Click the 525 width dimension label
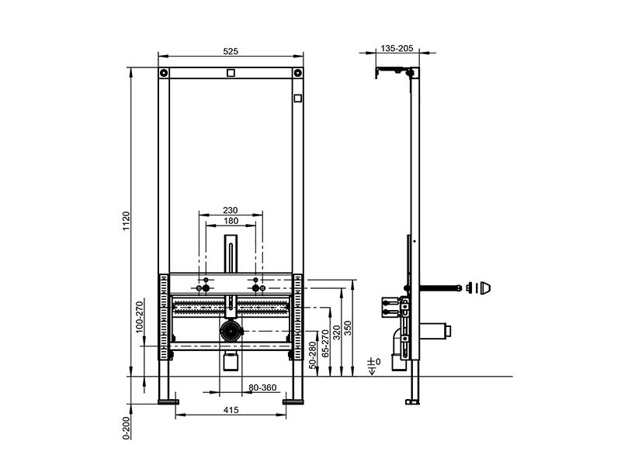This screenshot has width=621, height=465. coord(231,51)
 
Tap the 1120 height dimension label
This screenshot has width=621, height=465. coord(127,221)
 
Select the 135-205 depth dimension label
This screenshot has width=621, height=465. coord(397,48)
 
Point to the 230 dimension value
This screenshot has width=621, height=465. coord(230,210)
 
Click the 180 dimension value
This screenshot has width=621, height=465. coord(231,221)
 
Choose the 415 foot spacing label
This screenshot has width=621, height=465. coord(231,410)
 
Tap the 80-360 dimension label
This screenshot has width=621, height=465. coord(262,387)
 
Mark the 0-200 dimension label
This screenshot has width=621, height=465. coord(127,429)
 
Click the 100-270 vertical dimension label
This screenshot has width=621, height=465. coord(140,317)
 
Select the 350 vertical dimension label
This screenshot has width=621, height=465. coord(347,328)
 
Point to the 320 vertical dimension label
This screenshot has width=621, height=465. coord(336,332)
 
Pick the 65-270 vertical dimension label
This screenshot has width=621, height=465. coord(325,343)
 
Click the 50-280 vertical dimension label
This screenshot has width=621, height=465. coord(313,356)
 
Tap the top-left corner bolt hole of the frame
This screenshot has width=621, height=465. coord(164,73)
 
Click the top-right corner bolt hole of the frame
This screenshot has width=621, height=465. coord(297,73)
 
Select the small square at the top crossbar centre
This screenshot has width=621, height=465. coord(231,73)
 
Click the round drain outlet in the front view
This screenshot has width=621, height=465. coord(231,331)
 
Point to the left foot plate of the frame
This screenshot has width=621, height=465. coord(168,402)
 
